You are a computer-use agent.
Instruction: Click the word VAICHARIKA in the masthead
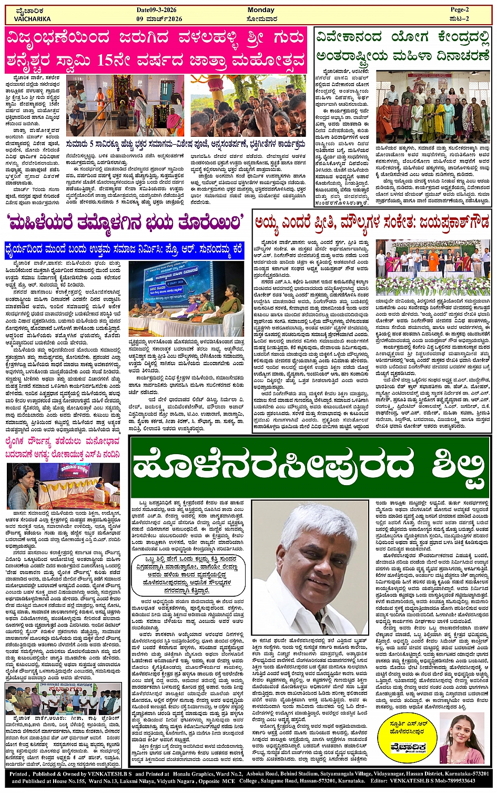pos(33,19)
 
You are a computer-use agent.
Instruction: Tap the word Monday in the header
pos(261,10)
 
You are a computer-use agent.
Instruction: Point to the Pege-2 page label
pos(463,10)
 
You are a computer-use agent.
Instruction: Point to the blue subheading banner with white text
pos(124,247)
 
